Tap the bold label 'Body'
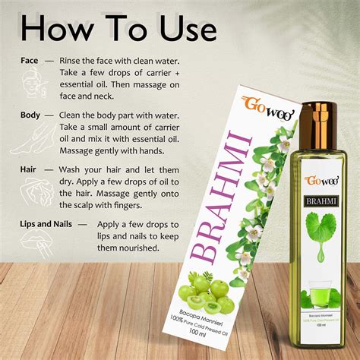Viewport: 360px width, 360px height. [x=30, y=115]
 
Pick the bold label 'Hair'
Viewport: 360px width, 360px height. [x=28, y=169]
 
